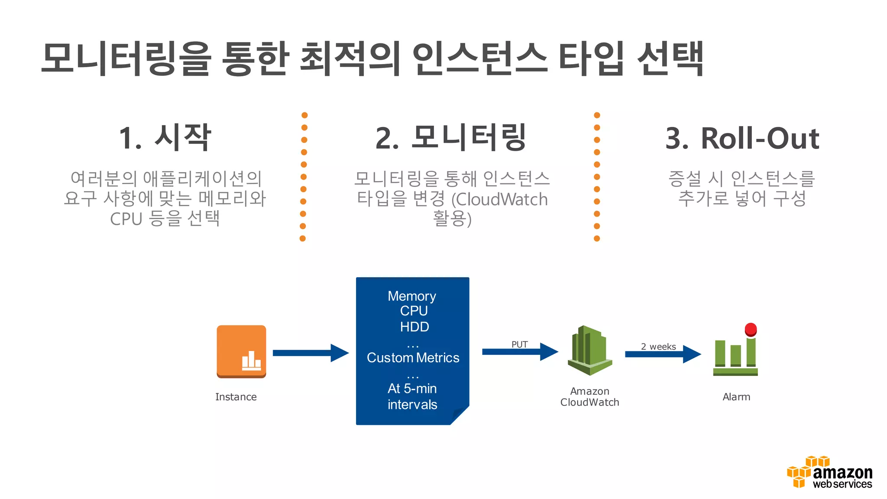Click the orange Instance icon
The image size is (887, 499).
pos(241,351)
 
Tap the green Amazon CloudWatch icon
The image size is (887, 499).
pos(589,350)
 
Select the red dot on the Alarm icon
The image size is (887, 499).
pos(751,329)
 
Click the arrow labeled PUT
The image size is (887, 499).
pos(520,352)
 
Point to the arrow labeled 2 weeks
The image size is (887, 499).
pos(663,354)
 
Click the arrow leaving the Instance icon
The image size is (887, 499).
pos(310,353)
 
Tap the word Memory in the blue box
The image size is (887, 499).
pos(412,296)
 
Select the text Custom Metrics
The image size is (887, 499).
pos(413,358)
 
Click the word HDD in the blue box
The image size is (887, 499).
pos(414,327)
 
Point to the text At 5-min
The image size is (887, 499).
pos(412,389)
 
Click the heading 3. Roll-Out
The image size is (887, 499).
pos(742,139)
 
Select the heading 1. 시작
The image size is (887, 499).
pos(165,138)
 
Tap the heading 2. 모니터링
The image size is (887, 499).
pos(451,138)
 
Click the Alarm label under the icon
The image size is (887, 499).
pos(736,397)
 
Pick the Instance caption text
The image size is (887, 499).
pos(236,397)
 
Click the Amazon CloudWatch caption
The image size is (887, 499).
pos(589,397)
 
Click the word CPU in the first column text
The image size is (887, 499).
pos(126,219)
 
